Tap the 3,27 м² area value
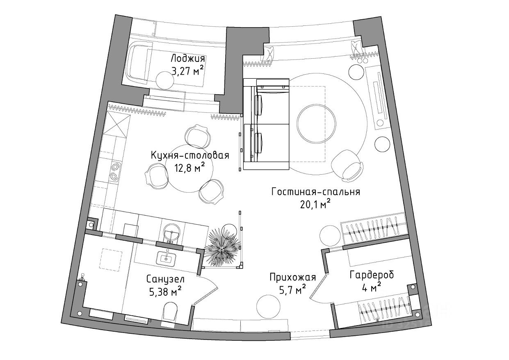pyautogui.click(x=187, y=71)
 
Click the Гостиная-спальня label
pyautogui.click(x=315, y=191)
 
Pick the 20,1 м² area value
pyautogui.click(x=315, y=204)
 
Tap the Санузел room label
pyautogui.click(x=165, y=279)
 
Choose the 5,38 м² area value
pyautogui.click(x=164, y=292)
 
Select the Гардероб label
pyautogui.click(x=372, y=275)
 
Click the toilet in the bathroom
pyautogui.click(x=169, y=312)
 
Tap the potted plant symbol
pyautogui.click(x=222, y=247)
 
